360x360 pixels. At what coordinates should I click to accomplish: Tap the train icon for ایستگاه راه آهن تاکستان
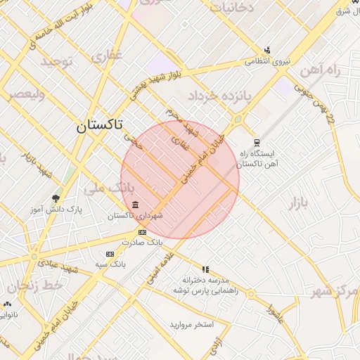(x=256, y=141)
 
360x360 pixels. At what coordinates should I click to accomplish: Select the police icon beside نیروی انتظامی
(x=267, y=51)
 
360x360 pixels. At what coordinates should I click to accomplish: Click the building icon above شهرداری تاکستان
(x=135, y=205)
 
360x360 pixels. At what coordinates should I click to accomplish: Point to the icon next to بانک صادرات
(x=142, y=232)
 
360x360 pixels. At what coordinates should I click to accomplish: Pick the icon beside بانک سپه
(x=109, y=254)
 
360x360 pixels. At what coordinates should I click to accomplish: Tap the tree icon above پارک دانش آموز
(x=56, y=199)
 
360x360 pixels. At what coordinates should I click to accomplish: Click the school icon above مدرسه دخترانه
(x=205, y=269)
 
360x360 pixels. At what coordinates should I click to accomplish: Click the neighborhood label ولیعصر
(x=25, y=94)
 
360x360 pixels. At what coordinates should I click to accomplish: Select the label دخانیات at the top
(x=232, y=8)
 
